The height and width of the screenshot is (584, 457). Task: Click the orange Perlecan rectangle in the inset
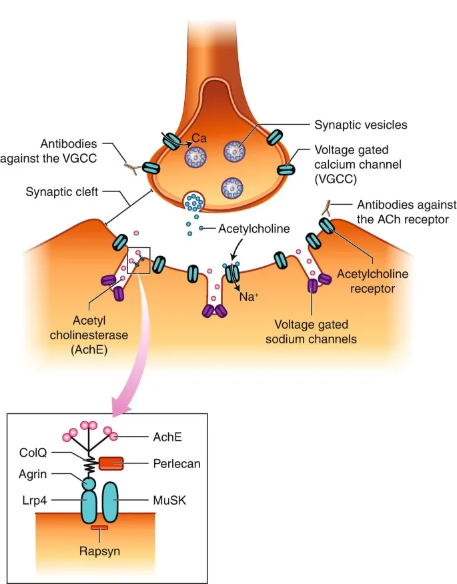click(x=111, y=463)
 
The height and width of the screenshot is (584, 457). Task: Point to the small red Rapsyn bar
click(x=99, y=528)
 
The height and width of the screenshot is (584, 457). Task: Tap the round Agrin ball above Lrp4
click(x=89, y=482)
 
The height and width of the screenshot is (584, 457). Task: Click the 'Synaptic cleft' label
click(x=63, y=192)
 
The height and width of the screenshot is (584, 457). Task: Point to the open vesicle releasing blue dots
click(x=195, y=200)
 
